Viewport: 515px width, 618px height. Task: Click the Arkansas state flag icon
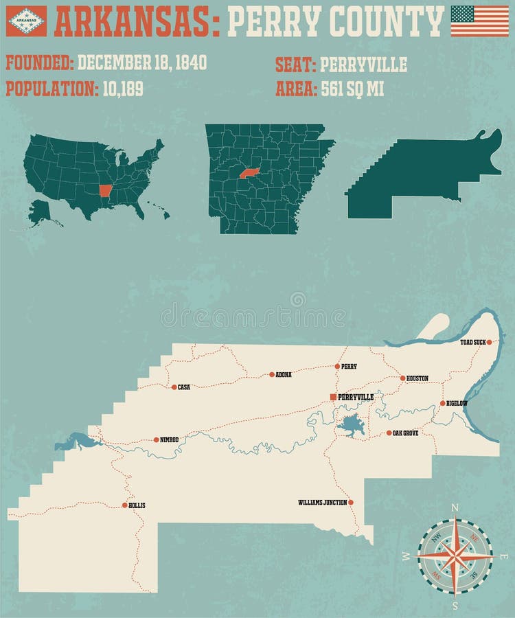[26, 21]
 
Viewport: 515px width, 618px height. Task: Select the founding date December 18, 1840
[141, 63]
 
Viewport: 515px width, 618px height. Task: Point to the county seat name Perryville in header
[363, 65]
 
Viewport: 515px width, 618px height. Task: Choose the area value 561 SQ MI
[352, 89]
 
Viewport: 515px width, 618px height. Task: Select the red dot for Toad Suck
[489, 341]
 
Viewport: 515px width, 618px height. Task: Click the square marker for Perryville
[334, 397]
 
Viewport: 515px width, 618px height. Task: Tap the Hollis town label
[137, 505]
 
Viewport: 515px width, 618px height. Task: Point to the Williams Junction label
[322, 503]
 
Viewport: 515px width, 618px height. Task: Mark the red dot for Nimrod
[156, 439]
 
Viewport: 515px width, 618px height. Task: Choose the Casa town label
[183, 387]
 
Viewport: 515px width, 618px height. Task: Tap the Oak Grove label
[406, 433]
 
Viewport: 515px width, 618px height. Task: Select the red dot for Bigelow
[442, 403]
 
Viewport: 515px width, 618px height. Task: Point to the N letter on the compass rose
[454, 508]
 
